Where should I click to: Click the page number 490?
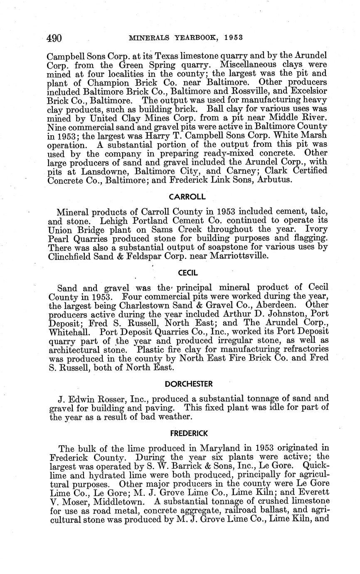pos(54,39)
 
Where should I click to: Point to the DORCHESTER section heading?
pos(188,383)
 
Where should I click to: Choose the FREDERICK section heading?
pos(189,433)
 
